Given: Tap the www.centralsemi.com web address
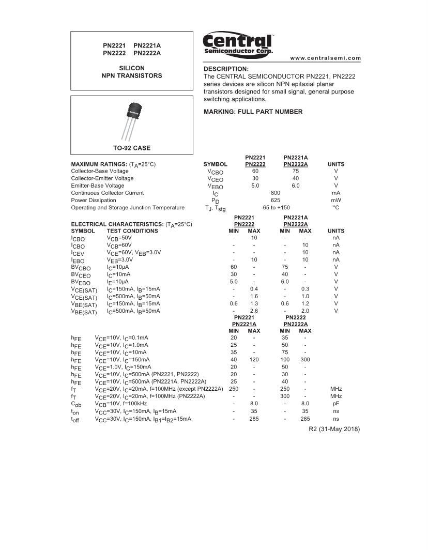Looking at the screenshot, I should tap(326, 58).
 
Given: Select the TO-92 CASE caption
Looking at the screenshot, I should tap(132, 148).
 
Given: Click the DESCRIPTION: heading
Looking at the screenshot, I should tap(226, 69).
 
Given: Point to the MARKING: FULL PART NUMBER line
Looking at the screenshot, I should tap(253, 112).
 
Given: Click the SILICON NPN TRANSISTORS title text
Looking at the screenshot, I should tap(132, 72).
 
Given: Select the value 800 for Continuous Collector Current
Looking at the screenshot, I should tap(275, 193).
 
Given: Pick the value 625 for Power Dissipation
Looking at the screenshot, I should tap(275, 200).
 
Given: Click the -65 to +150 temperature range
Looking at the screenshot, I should tap(275, 207).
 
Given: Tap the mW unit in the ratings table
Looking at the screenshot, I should tap(336, 200).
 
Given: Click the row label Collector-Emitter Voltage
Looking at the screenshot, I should tap(102, 178).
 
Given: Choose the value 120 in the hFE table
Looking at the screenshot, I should tap(254, 359).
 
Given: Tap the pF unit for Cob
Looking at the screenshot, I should tap(336, 403).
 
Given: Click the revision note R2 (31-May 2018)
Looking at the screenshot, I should tap(334, 429).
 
